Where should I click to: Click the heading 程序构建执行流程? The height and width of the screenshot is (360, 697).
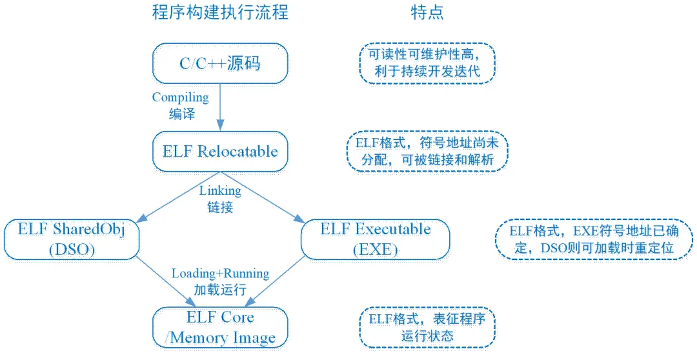pyautogui.click(x=220, y=12)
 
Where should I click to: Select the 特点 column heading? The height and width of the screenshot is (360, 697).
pyautogui.click(x=427, y=12)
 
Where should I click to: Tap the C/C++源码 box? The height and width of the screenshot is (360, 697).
pyautogui.click(x=220, y=63)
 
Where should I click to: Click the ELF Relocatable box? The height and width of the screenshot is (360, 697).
pyautogui.click(x=220, y=151)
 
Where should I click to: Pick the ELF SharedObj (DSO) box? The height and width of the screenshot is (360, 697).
pyautogui.click(x=72, y=239)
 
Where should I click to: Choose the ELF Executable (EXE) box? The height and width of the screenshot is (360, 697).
pyautogui.click(x=375, y=239)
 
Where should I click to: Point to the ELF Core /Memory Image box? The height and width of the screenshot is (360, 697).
pyautogui.click(x=220, y=328)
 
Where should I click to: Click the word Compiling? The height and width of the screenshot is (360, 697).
pyautogui.click(x=181, y=97)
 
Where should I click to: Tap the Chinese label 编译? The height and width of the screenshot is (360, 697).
pyautogui.click(x=182, y=114)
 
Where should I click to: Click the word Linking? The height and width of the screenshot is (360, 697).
pyautogui.click(x=220, y=191)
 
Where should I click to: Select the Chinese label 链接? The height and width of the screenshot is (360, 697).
pyautogui.click(x=220, y=207)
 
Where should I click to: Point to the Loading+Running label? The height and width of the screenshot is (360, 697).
pyautogui.click(x=221, y=274)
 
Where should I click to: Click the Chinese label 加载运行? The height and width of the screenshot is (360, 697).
pyautogui.click(x=220, y=290)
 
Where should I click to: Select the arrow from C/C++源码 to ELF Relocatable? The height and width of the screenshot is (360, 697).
pyautogui.click(x=220, y=107)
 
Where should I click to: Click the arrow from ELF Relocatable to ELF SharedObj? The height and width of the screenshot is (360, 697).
pyautogui.click(x=178, y=197)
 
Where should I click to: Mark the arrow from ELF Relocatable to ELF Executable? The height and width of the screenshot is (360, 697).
pyautogui.click(x=262, y=197)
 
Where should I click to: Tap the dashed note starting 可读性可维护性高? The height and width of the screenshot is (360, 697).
pyautogui.click(x=427, y=63)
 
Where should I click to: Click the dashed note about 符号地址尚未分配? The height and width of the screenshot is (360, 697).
pyautogui.click(x=427, y=151)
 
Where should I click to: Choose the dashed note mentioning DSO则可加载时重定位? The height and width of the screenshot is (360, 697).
pyautogui.click(x=594, y=239)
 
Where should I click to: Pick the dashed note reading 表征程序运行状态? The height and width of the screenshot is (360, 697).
pyautogui.click(x=427, y=328)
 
